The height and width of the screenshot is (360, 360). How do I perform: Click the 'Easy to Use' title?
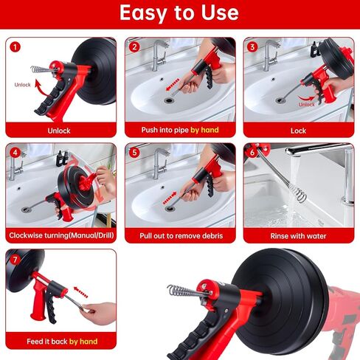coord(179,13)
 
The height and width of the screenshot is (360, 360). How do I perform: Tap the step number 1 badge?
coord(15,47)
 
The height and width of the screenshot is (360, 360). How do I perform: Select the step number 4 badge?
coord(15,153)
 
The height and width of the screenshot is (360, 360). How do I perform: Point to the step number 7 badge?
coord(15,260)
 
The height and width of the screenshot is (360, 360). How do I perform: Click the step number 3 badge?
coord(252,47)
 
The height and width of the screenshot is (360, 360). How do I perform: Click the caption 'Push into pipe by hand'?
coord(180,130)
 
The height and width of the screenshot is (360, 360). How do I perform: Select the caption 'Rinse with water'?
coord(298,236)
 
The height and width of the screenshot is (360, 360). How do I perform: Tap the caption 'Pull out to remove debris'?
coord(181,236)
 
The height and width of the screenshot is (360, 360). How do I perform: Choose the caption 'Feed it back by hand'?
coord(62,342)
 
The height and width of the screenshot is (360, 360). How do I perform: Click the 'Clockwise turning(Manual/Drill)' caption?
coord(61,235)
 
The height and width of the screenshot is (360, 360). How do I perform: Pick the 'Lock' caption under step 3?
coord(298,131)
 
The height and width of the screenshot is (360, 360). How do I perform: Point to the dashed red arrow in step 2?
coord(173,84)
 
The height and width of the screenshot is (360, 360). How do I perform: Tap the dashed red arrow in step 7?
coord(81,292)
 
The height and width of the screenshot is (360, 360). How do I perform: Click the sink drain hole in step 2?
coord(169,100)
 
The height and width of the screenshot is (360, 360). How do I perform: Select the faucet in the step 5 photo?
coord(160,163)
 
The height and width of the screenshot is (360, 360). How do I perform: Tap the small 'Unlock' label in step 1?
coord(22,85)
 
